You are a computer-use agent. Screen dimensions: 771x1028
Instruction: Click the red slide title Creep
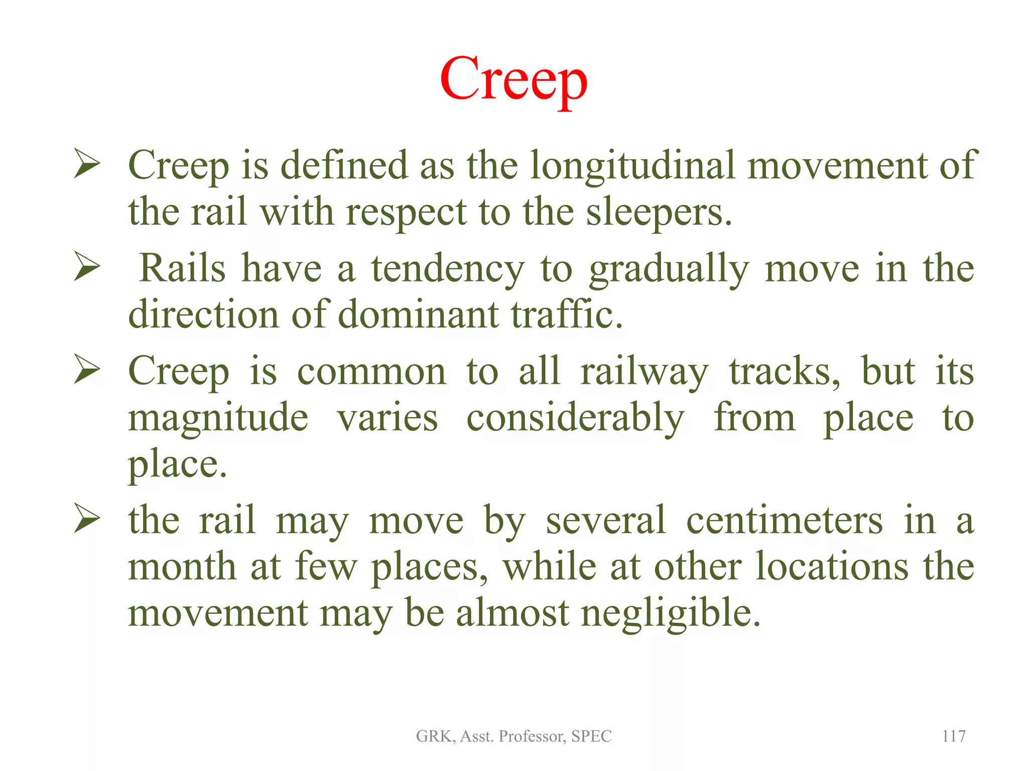pyautogui.click(x=513, y=80)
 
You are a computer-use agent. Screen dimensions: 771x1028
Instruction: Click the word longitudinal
pyautogui.click(x=632, y=166)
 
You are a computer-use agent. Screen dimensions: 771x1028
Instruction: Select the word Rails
pyautogui.click(x=182, y=268)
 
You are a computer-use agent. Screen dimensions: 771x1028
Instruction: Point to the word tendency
pyautogui.click(x=447, y=269)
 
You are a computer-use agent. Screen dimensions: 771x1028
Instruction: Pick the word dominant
pyautogui.click(x=419, y=315)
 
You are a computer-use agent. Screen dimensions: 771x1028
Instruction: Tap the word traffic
pyautogui.click(x=567, y=315)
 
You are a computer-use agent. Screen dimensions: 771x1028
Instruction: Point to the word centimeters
pyautogui.click(x=784, y=521)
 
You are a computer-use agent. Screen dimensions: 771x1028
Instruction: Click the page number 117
pyautogui.click(x=954, y=736)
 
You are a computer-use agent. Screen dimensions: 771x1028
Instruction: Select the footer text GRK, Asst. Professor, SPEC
pyautogui.click(x=513, y=736)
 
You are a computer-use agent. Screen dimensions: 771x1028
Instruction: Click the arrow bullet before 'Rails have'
pyautogui.click(x=87, y=266)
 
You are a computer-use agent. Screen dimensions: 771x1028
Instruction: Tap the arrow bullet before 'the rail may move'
pyautogui.click(x=87, y=518)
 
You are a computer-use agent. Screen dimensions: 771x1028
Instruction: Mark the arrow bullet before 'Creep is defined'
pyautogui.click(x=87, y=163)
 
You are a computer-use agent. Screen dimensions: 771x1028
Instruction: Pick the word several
pyautogui.click(x=605, y=521)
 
